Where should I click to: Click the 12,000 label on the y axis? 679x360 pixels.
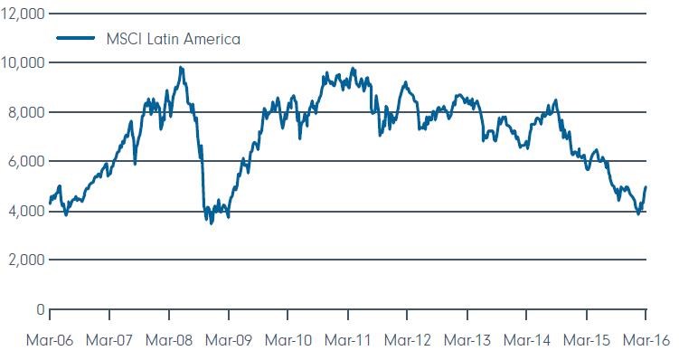pyautogui.click(x=23, y=14)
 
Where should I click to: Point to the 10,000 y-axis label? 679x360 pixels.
pyautogui.click(x=23, y=62)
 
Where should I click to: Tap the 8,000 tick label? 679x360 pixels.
pyautogui.click(x=26, y=112)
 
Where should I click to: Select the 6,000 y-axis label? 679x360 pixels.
pyautogui.click(x=26, y=162)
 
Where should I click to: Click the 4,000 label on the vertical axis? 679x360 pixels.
pyautogui.click(x=26, y=211)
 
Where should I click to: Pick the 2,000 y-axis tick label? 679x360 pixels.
pyautogui.click(x=26, y=260)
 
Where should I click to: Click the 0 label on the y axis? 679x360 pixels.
pyautogui.click(x=41, y=309)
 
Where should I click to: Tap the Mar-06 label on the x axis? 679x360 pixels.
pyautogui.click(x=50, y=340)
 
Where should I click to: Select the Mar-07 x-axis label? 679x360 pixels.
pyautogui.click(x=109, y=340)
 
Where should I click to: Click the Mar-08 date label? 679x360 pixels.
pyautogui.click(x=169, y=340)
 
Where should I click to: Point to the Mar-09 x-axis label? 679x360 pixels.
pyautogui.click(x=228, y=340)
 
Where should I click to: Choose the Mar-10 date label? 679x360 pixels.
pyautogui.click(x=288, y=340)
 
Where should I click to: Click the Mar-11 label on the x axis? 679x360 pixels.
pyautogui.click(x=348, y=340)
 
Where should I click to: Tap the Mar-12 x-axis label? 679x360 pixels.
pyautogui.click(x=408, y=340)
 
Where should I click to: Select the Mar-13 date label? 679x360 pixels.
pyautogui.click(x=467, y=340)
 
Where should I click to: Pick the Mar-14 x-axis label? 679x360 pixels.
pyautogui.click(x=526, y=340)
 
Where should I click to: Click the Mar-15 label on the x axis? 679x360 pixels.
pyautogui.click(x=587, y=340)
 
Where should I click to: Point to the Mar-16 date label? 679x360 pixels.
pyautogui.click(x=646, y=340)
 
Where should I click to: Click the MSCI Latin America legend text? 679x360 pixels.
pyautogui.click(x=174, y=39)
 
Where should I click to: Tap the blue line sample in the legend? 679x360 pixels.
pyautogui.click(x=76, y=38)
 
